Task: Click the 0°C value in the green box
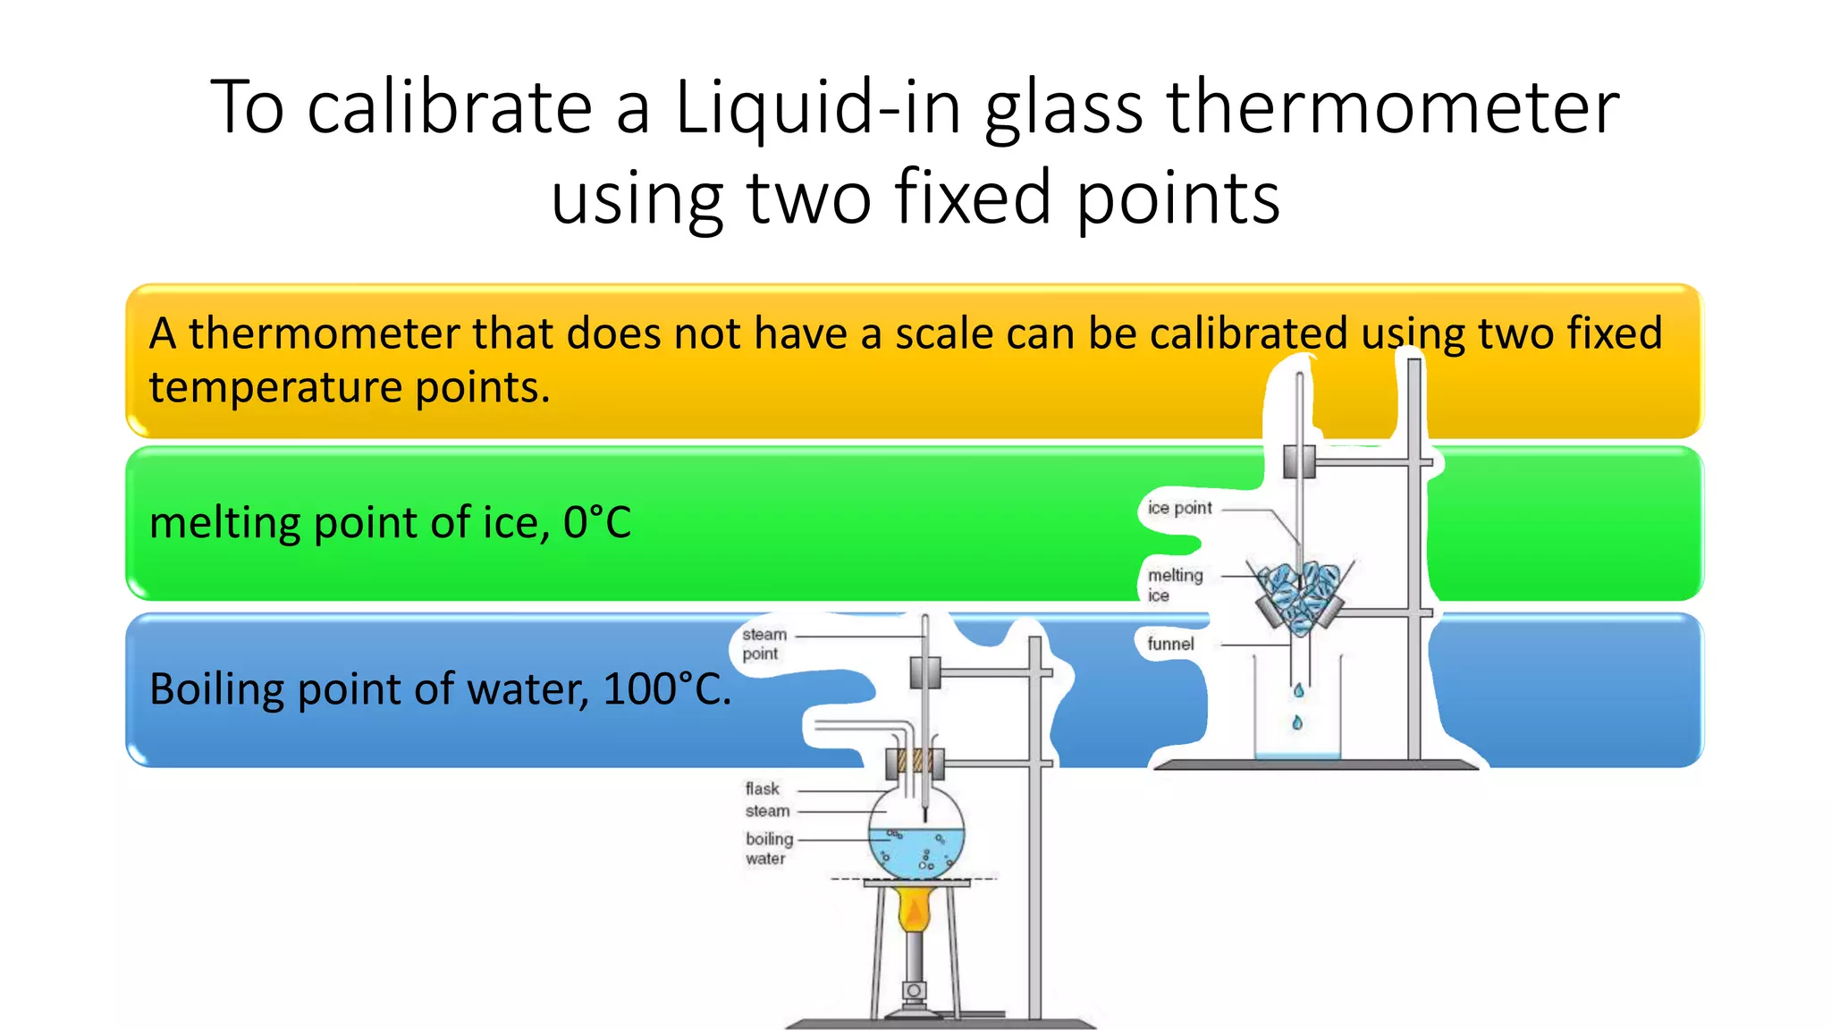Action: pyautogui.click(x=597, y=523)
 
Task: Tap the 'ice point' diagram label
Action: pyautogui.click(x=1179, y=509)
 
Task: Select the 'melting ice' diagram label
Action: pyautogui.click(x=1174, y=585)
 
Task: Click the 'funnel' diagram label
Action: pyautogui.click(x=1170, y=644)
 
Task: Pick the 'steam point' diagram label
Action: pyautogui.click(x=764, y=644)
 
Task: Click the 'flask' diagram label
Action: pyautogui.click(x=762, y=789)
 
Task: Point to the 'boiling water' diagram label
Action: pyautogui.click(x=769, y=848)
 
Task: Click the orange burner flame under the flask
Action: pyautogui.click(x=914, y=909)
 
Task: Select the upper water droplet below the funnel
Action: pyautogui.click(x=1298, y=690)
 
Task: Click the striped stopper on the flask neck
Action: pyautogui.click(x=915, y=762)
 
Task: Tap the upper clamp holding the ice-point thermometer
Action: pyautogui.click(x=1299, y=461)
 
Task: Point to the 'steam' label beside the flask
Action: pyautogui.click(x=767, y=811)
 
